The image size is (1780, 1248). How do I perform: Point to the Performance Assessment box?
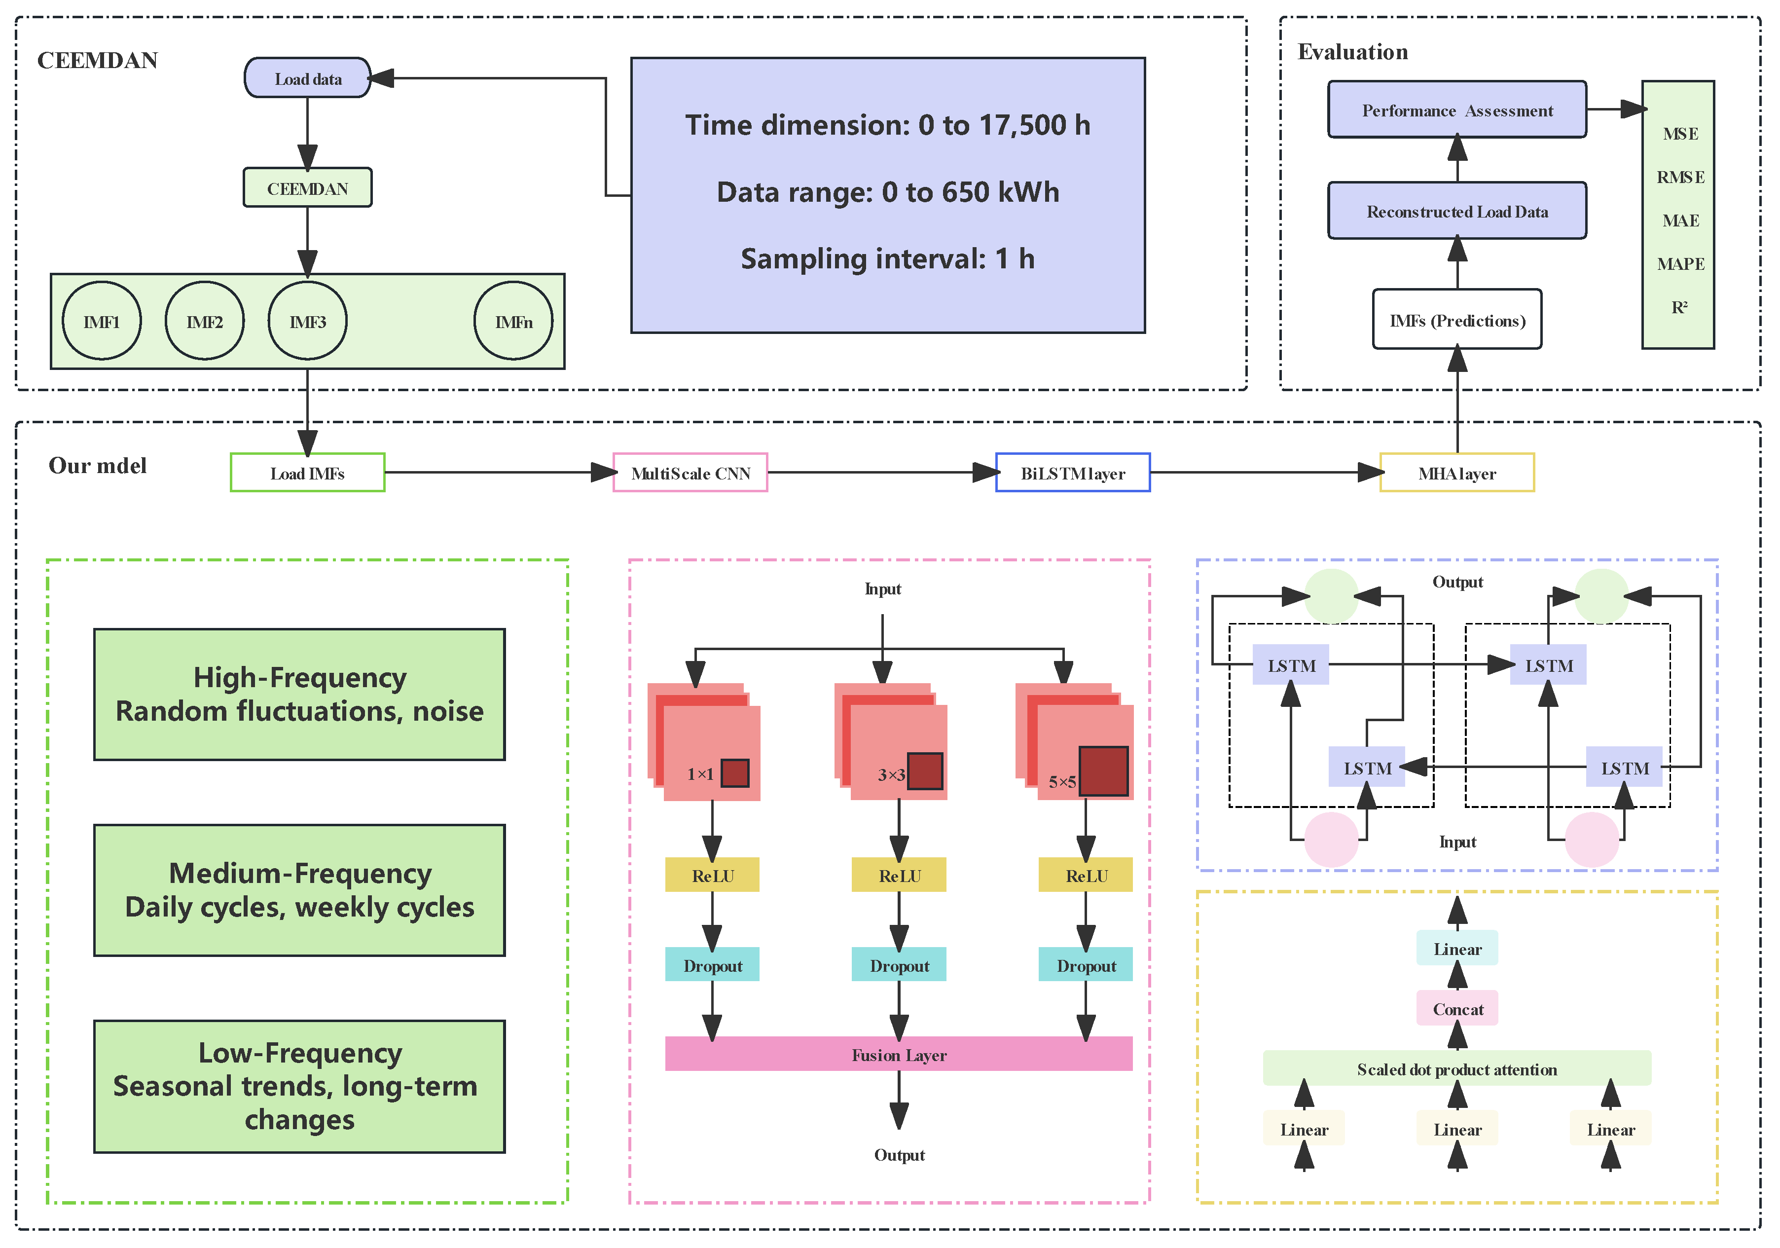click(1457, 110)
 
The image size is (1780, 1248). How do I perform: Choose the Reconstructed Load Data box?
click(1457, 211)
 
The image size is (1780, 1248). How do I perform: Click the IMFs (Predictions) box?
click(1457, 319)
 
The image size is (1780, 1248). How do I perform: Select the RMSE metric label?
click(1680, 178)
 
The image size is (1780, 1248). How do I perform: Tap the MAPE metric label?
click(1680, 264)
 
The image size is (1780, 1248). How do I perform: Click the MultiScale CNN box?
click(690, 473)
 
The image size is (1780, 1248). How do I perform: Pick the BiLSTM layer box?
click(1073, 473)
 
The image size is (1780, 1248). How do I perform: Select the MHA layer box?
click(1457, 473)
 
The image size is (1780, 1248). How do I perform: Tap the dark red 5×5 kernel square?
click(1103, 771)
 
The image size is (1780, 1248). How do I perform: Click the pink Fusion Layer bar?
click(899, 1054)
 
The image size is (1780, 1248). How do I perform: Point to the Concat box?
click(1457, 1008)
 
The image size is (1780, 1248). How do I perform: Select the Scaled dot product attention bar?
click(1457, 1069)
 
